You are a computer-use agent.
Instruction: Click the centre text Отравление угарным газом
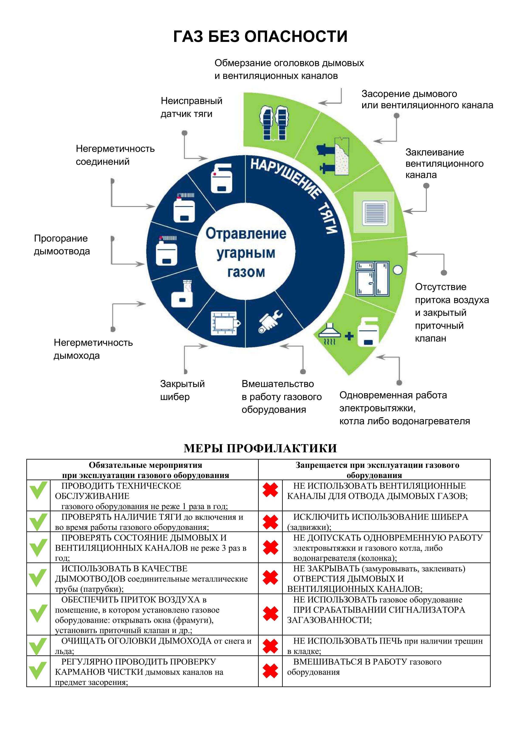pyautogui.click(x=246, y=252)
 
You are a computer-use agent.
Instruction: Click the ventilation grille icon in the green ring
pyautogui.click(x=374, y=212)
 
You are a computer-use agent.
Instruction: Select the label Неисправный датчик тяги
pyautogui.click(x=191, y=107)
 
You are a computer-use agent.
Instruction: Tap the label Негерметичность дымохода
pyautogui.click(x=93, y=349)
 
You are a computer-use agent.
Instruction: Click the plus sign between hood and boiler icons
pyautogui.click(x=349, y=336)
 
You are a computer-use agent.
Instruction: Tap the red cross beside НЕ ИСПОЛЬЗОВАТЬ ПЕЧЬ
pyautogui.click(x=270, y=646)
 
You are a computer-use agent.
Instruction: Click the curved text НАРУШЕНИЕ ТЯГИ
pyautogui.click(x=295, y=192)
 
